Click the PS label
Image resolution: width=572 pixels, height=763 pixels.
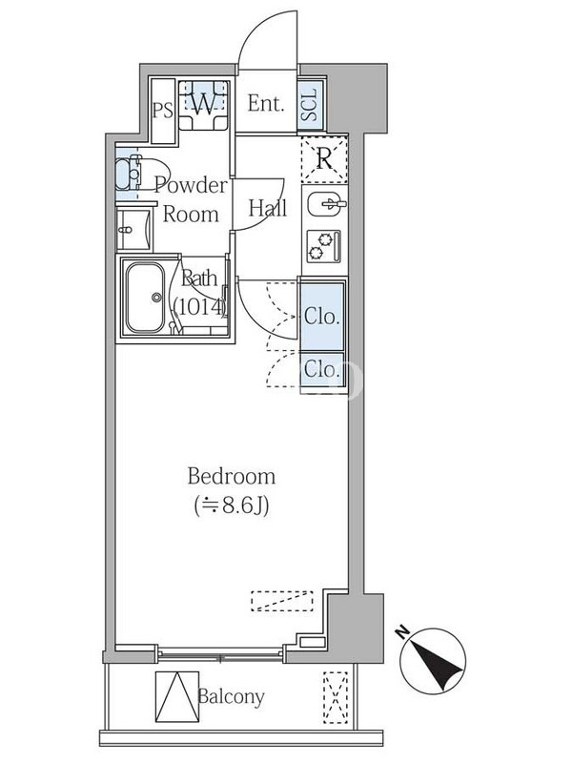coord(163,111)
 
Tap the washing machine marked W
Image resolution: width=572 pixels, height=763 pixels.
coord(203,105)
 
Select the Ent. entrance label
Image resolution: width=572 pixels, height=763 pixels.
coord(266,103)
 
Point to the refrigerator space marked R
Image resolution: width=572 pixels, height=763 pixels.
coord(324,158)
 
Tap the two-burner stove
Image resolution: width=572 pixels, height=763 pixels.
coord(324,247)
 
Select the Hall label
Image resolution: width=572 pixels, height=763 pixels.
coord(268,208)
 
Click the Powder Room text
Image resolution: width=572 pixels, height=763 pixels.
coord(191,199)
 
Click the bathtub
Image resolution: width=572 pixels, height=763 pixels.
coord(145,298)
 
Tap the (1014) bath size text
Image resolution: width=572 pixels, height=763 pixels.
coord(200,307)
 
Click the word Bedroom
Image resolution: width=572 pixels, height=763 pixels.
coord(232,476)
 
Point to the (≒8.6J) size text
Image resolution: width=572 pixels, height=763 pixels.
coord(232,505)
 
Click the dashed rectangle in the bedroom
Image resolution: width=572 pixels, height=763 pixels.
coord(282,601)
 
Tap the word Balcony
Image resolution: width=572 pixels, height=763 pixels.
coord(231,697)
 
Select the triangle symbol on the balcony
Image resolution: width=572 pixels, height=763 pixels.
coord(177,697)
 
